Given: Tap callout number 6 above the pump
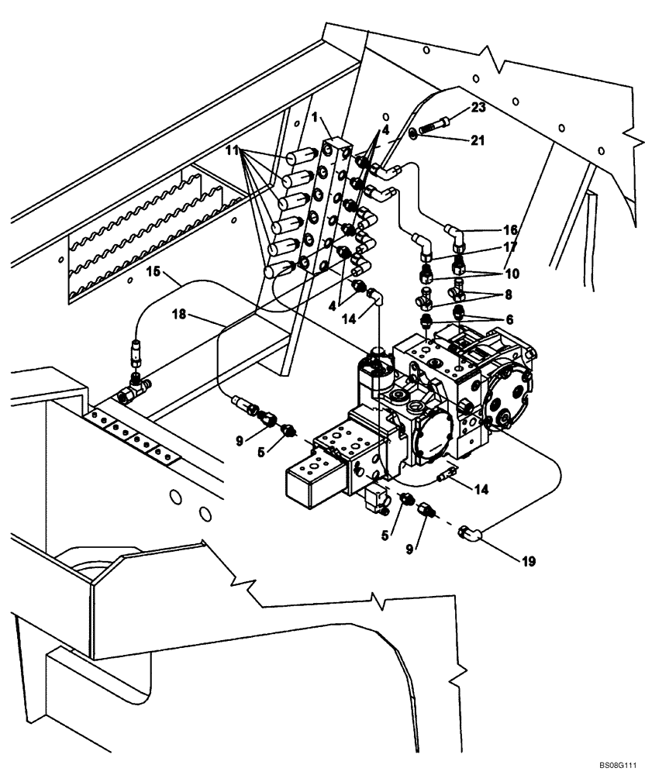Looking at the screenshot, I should [510, 319].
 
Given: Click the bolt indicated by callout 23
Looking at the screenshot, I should [435, 123].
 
